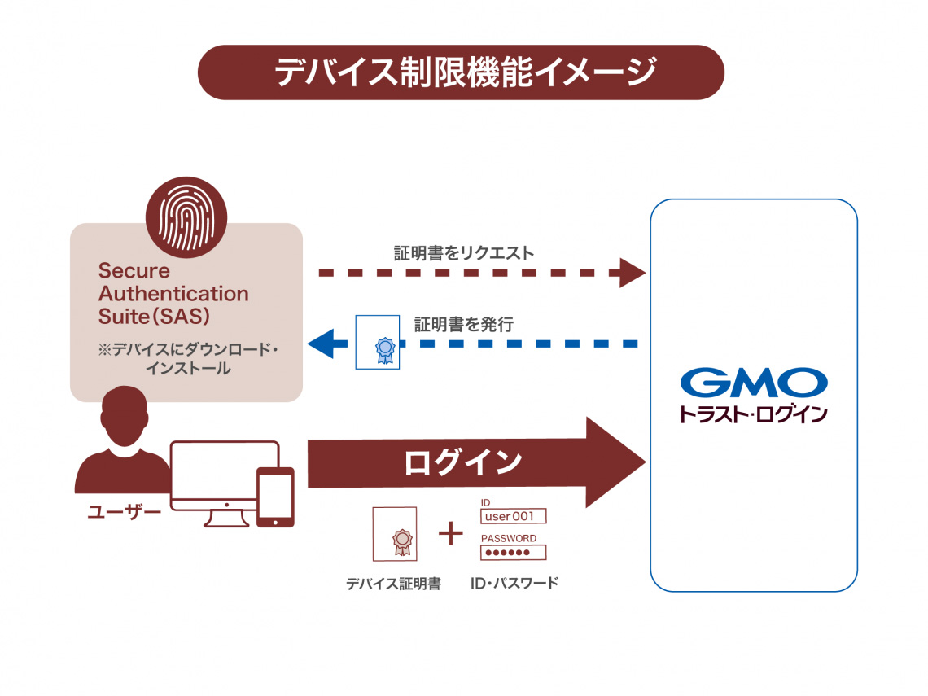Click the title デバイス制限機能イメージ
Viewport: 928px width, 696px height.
[461, 72]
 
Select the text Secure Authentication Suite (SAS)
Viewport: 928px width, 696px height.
[173, 293]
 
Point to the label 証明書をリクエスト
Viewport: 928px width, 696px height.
[464, 253]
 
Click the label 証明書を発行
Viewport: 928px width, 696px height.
[463, 324]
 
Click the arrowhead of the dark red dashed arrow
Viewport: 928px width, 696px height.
[632, 273]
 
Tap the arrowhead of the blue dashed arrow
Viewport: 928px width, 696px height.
[322, 344]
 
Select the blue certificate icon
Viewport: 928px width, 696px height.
[378, 343]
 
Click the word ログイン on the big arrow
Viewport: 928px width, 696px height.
[463, 462]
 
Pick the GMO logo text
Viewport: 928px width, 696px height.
[753, 383]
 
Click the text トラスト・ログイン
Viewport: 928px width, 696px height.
[753, 414]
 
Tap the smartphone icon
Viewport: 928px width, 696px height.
[274, 497]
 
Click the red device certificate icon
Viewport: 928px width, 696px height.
[394, 534]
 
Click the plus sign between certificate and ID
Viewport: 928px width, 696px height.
[450, 534]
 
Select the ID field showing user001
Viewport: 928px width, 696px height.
[513, 516]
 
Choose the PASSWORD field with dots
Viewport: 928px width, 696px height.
[513, 553]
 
